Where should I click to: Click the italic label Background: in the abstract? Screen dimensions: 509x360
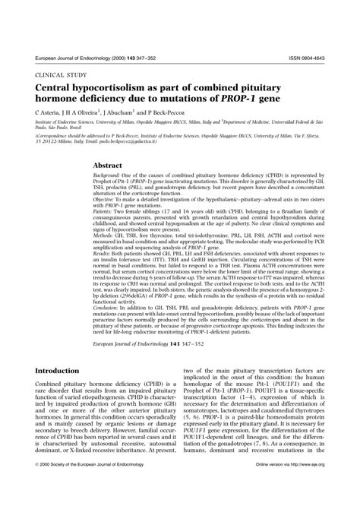click(x=109, y=176)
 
